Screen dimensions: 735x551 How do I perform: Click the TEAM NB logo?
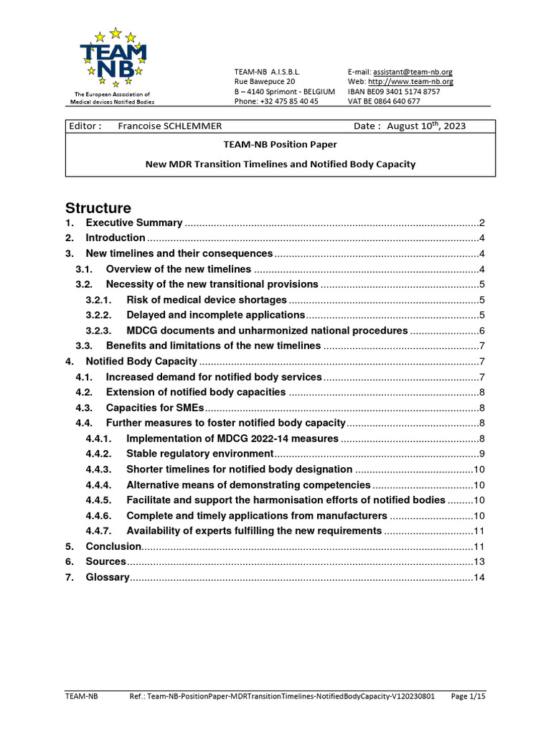[x=114, y=57]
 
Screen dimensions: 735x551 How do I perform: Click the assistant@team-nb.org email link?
[x=413, y=72]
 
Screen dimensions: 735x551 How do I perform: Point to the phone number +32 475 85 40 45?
[x=276, y=101]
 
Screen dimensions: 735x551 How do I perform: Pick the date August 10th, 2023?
[x=425, y=126]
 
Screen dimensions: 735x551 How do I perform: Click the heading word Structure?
[x=98, y=209]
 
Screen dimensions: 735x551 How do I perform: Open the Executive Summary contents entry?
[x=133, y=223]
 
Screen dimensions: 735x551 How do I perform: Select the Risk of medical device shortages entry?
[x=206, y=300]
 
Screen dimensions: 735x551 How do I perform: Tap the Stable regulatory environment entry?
[x=199, y=454]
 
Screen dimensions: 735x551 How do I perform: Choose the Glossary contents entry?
[x=108, y=577]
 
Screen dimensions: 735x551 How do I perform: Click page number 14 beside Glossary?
[x=479, y=578]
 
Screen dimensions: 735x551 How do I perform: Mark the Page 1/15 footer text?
[x=468, y=696]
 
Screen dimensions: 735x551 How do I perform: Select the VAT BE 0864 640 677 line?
[x=384, y=101]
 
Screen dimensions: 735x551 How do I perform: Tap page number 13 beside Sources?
[x=479, y=562]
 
